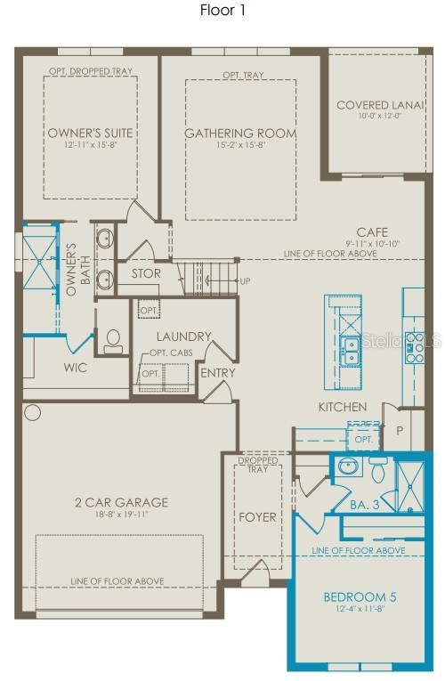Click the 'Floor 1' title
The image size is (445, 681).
223,11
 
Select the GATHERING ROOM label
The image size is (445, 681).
240,134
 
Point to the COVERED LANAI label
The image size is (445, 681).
374,106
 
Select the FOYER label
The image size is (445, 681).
258,516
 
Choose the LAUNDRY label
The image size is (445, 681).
183,336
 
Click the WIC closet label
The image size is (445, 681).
75,367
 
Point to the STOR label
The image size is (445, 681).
146,273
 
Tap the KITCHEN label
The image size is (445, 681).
343,407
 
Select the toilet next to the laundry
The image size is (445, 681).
114,339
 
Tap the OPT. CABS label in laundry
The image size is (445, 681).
170,353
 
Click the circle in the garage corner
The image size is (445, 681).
33,412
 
